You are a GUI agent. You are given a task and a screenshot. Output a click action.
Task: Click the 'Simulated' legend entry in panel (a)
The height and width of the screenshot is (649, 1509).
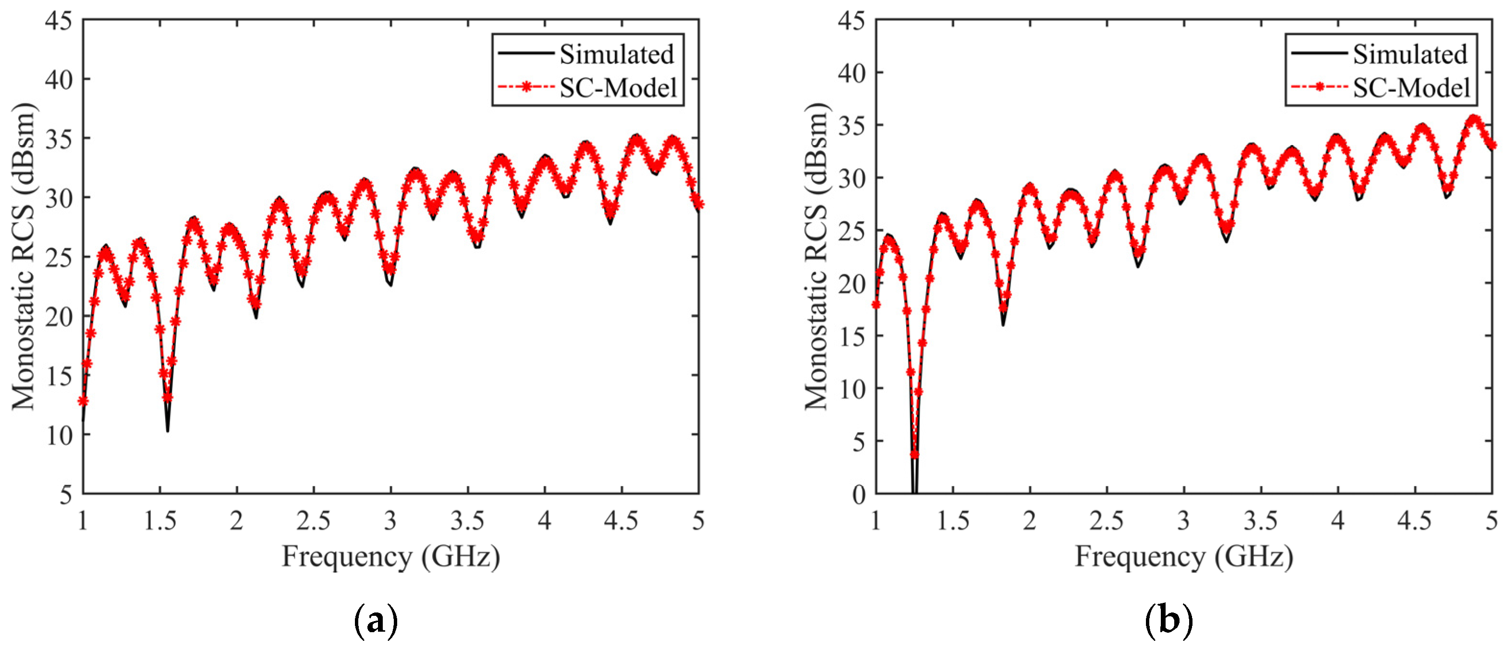coord(616,54)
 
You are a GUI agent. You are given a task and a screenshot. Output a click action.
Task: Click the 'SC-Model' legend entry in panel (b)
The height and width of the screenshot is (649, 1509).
coord(1411,88)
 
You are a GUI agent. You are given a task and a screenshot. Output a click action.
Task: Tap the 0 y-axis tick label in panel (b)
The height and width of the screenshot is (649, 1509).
coord(859,494)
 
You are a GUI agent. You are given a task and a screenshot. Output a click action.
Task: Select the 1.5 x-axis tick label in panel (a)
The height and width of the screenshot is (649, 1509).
coord(160,521)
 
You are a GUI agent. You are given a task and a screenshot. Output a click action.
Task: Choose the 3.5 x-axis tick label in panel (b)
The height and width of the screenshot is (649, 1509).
coord(1261,521)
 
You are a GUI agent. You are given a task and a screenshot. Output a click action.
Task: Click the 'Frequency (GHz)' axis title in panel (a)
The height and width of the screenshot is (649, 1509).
coord(391,556)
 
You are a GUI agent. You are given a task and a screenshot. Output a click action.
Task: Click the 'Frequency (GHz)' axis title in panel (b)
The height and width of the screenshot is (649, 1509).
coord(1184,556)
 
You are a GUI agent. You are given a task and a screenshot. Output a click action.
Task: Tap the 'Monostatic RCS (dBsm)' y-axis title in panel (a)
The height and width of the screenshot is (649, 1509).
coord(24,256)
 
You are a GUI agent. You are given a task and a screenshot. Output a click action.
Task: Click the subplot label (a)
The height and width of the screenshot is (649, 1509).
coord(376,621)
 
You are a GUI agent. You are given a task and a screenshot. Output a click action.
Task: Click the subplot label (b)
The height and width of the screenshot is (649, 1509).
coord(1168,621)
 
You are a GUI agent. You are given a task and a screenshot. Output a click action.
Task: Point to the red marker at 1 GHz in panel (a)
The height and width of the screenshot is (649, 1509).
coord(83,401)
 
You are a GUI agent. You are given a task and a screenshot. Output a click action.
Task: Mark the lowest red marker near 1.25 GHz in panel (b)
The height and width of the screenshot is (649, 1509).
coord(914,454)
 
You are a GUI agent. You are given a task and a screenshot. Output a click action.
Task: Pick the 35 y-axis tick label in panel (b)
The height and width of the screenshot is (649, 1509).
coord(852,125)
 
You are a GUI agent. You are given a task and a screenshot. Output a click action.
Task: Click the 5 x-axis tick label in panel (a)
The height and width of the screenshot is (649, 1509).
coord(698,521)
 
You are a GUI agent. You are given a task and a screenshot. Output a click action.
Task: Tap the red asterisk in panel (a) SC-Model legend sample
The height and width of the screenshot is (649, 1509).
coord(526,87)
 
